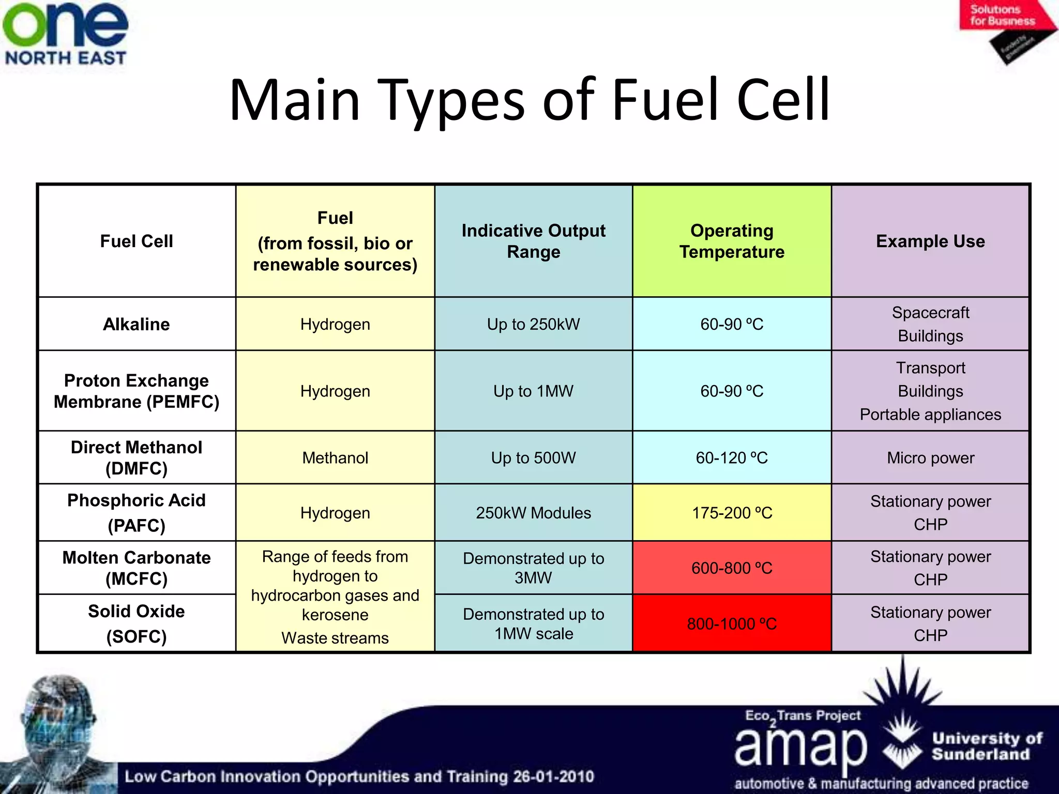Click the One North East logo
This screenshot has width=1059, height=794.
65,34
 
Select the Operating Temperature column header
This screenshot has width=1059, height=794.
732,241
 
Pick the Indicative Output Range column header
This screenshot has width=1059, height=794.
533,241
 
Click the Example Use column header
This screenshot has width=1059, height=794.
930,241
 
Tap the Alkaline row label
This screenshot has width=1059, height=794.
137,324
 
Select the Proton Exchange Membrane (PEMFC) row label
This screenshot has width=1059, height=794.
137,391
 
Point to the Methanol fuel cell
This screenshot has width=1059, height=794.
335,458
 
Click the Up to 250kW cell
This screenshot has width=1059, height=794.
533,324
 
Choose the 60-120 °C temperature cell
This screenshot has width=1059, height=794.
732,458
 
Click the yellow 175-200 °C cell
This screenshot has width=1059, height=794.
732,513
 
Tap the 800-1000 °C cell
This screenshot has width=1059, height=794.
732,624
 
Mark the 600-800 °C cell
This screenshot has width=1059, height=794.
732,568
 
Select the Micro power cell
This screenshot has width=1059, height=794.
930,458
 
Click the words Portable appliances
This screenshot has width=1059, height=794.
930,415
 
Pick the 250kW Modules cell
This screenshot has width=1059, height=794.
533,513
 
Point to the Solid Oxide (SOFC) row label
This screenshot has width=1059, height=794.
137,623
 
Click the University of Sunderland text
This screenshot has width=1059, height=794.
987,746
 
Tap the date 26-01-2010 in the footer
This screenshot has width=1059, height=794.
553,776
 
